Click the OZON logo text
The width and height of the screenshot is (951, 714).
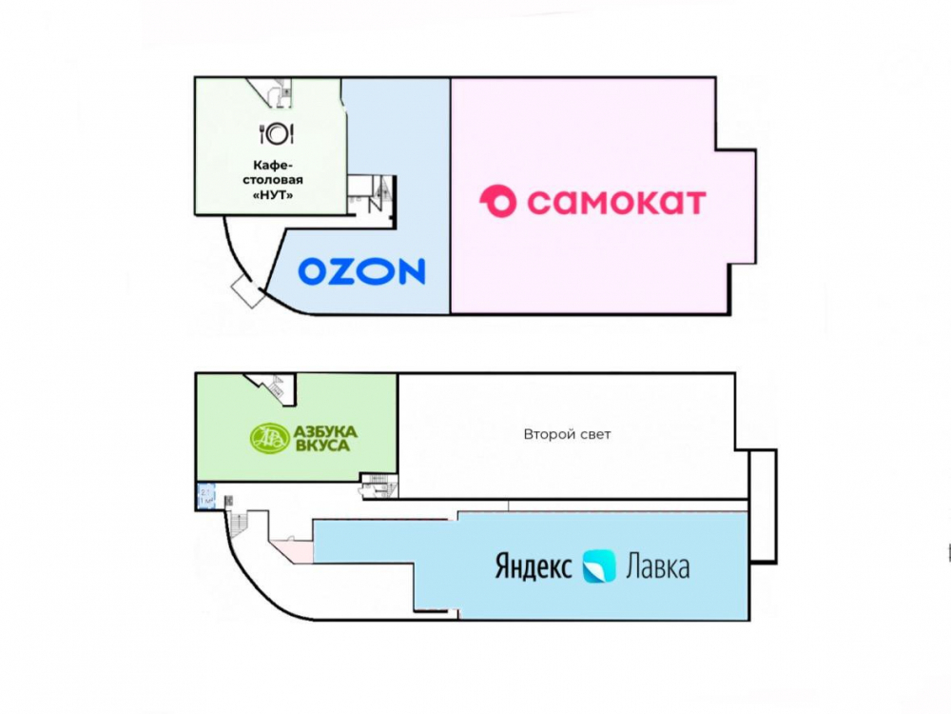[361, 272]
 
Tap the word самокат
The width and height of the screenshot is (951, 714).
[615, 202]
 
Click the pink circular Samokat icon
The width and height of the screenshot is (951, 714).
[497, 202]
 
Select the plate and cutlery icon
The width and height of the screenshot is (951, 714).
[276, 132]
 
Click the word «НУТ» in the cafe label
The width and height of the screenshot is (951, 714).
[276, 195]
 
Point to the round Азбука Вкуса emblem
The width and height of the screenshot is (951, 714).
[265, 438]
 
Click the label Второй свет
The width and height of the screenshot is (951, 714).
[567, 434]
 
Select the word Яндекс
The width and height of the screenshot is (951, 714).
[534, 567]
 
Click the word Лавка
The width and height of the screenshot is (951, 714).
[657, 567]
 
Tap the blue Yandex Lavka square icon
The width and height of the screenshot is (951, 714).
[599, 566]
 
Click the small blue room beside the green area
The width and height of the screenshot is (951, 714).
[206, 496]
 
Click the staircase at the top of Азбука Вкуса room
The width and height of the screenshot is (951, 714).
[276, 387]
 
